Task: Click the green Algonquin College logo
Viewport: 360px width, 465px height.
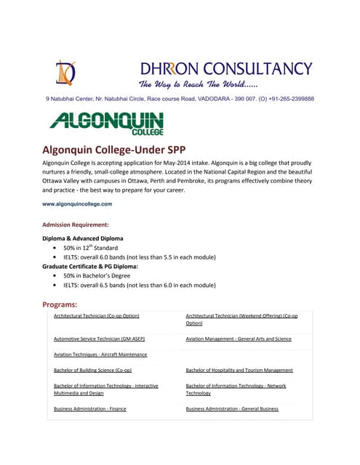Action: tap(107, 123)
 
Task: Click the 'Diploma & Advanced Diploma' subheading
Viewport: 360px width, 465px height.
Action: tap(83, 238)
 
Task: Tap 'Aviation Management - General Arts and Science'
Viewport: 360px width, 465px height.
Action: tap(239, 339)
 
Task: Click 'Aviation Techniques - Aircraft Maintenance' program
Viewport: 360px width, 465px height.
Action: tap(100, 355)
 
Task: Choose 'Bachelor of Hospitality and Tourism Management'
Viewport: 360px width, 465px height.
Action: tap(239, 370)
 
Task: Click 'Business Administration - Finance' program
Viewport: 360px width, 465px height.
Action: tap(90, 409)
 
